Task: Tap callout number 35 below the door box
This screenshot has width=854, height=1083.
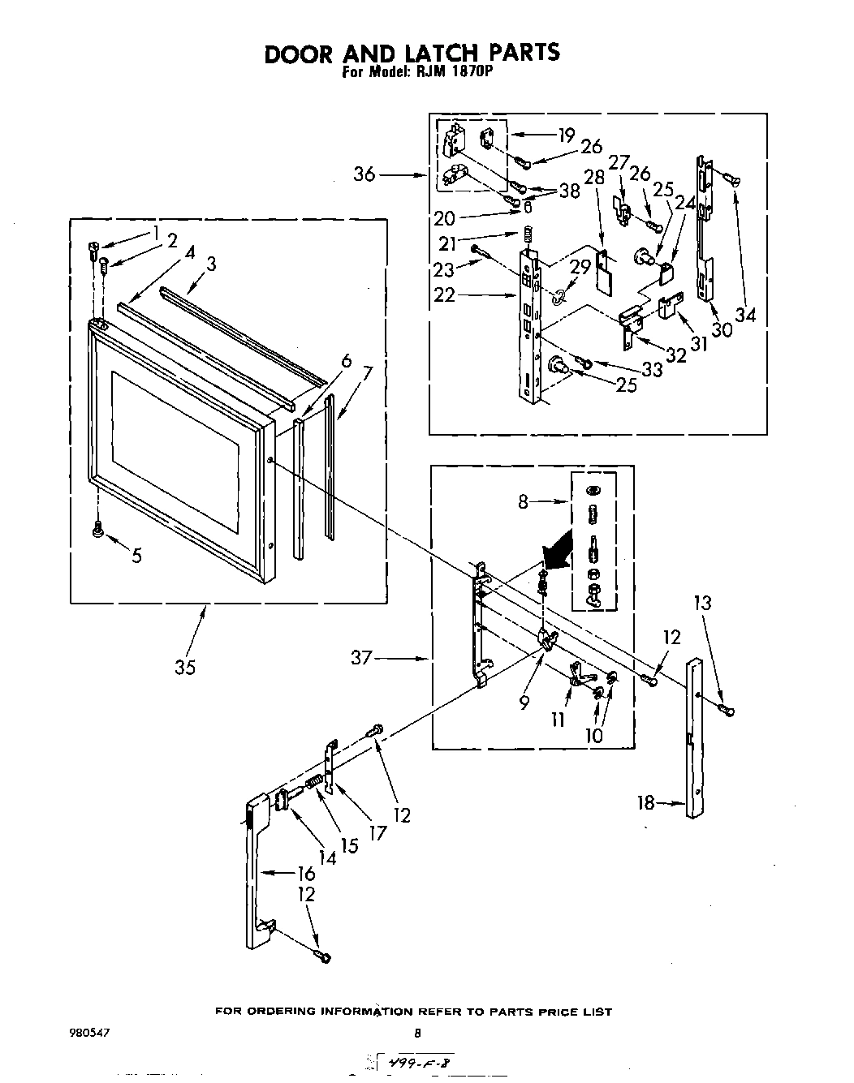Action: [x=185, y=668]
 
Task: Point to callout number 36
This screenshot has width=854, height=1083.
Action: [x=364, y=174]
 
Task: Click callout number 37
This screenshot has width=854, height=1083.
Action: [x=361, y=658]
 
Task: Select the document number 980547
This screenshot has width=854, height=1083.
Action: [x=91, y=1034]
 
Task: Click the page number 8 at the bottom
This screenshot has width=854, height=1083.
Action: [x=418, y=1034]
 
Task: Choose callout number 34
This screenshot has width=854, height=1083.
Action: [x=744, y=313]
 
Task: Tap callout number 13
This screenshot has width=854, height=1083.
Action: [x=702, y=603]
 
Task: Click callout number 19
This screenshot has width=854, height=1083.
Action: [x=566, y=135]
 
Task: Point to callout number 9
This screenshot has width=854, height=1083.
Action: [x=524, y=703]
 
